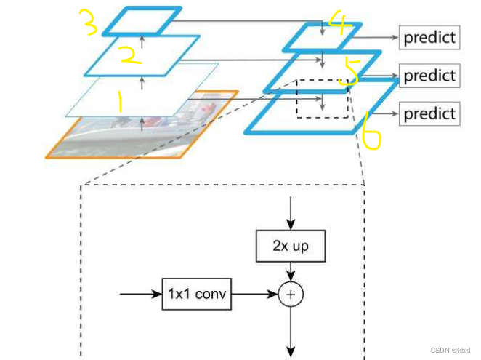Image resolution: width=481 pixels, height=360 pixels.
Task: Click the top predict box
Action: point(429,37)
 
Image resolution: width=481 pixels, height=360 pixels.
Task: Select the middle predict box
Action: point(429,75)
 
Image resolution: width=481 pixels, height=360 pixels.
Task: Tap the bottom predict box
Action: point(429,113)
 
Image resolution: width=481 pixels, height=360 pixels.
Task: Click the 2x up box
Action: point(291,247)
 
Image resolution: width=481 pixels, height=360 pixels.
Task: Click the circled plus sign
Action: point(291,295)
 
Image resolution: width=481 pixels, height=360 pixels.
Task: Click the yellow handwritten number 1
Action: point(120,103)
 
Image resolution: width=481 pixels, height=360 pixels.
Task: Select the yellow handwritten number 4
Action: point(339,23)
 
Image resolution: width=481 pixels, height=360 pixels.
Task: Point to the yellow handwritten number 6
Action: point(371,131)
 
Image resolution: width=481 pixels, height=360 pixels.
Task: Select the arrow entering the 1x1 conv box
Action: point(140,295)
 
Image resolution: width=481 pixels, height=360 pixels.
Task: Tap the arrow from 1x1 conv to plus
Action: point(254,295)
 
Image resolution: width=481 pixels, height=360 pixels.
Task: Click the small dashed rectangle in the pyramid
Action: point(320,97)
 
